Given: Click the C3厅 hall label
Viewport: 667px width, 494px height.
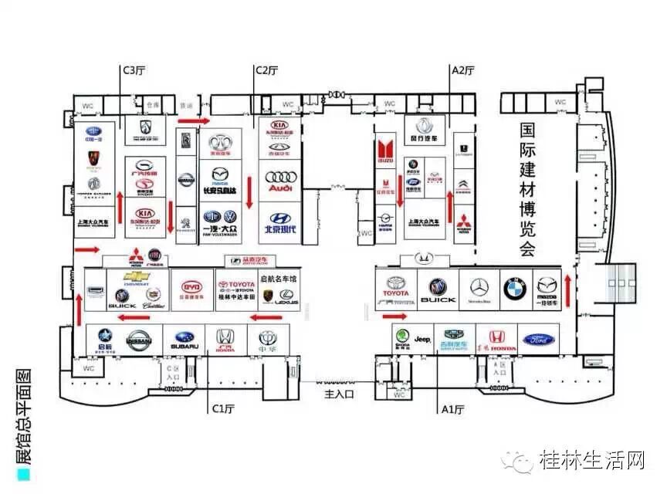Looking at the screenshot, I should point(134,70).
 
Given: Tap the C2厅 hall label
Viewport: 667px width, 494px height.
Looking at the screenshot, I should point(267,70).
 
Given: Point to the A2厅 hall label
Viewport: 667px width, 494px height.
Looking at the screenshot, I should point(462,70).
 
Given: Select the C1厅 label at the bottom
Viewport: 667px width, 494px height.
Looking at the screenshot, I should point(223,407).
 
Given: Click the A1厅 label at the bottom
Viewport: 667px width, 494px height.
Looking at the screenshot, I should point(451,407).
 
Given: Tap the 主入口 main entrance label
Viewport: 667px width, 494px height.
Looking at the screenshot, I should point(339,394).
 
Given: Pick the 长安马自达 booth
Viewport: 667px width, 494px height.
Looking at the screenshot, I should point(220,179).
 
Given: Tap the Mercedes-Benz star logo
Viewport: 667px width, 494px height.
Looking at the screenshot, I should point(479,287).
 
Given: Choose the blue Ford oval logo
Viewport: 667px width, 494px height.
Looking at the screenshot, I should point(539,339).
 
